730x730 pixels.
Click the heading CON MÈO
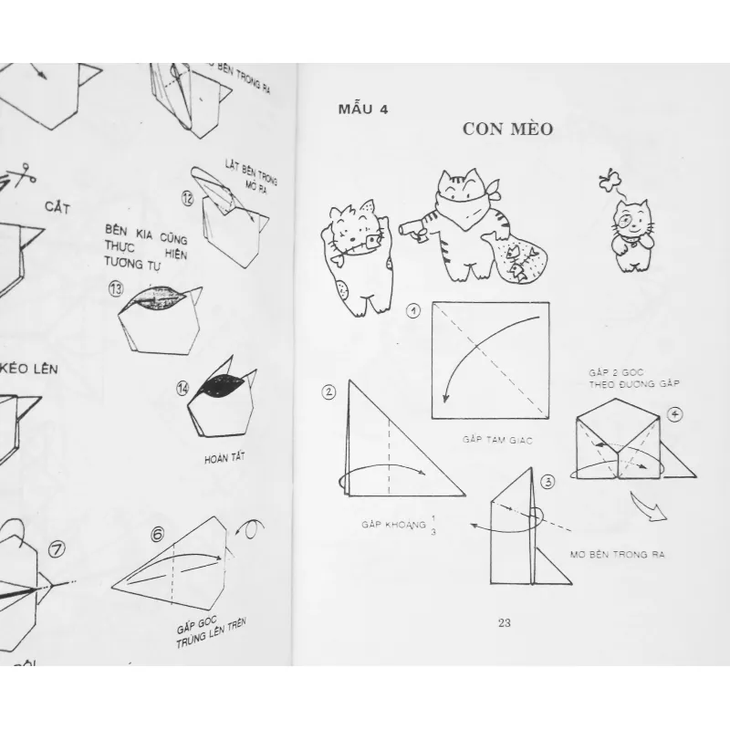tap(506, 129)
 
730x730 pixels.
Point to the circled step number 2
tap(328, 392)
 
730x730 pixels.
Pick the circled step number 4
tap(674, 413)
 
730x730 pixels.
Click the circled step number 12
tap(188, 196)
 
